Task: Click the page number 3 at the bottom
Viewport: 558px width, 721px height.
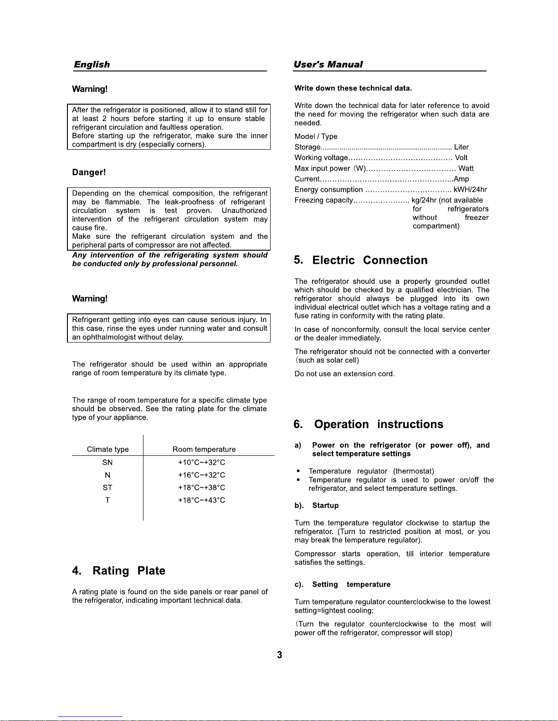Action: (x=280, y=655)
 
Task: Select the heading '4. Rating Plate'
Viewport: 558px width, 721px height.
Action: (x=119, y=571)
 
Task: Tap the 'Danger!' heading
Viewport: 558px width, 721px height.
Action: (x=89, y=172)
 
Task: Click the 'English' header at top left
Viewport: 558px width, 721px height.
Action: (x=92, y=65)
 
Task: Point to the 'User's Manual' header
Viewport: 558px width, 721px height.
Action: (x=328, y=65)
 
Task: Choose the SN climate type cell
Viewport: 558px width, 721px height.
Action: (x=108, y=463)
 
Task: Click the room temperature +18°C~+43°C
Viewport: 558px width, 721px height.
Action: (x=201, y=500)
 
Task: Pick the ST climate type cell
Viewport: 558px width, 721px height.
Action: (x=108, y=488)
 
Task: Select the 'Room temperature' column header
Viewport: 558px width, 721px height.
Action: (x=204, y=449)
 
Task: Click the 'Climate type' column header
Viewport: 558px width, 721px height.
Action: (x=108, y=449)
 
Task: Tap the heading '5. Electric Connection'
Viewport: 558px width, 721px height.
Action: (x=361, y=260)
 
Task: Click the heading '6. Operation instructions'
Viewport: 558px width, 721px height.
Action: (x=369, y=424)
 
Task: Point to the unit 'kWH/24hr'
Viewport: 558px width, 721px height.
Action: (x=470, y=190)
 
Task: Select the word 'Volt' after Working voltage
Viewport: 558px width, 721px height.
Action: (x=461, y=158)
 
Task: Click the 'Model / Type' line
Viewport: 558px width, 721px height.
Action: (x=316, y=136)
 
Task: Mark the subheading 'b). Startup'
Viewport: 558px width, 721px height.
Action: (x=317, y=506)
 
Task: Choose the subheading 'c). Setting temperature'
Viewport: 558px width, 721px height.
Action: (x=343, y=585)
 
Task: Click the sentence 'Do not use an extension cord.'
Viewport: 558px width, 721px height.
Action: (x=344, y=374)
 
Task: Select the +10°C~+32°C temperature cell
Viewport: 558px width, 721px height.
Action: (x=201, y=463)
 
